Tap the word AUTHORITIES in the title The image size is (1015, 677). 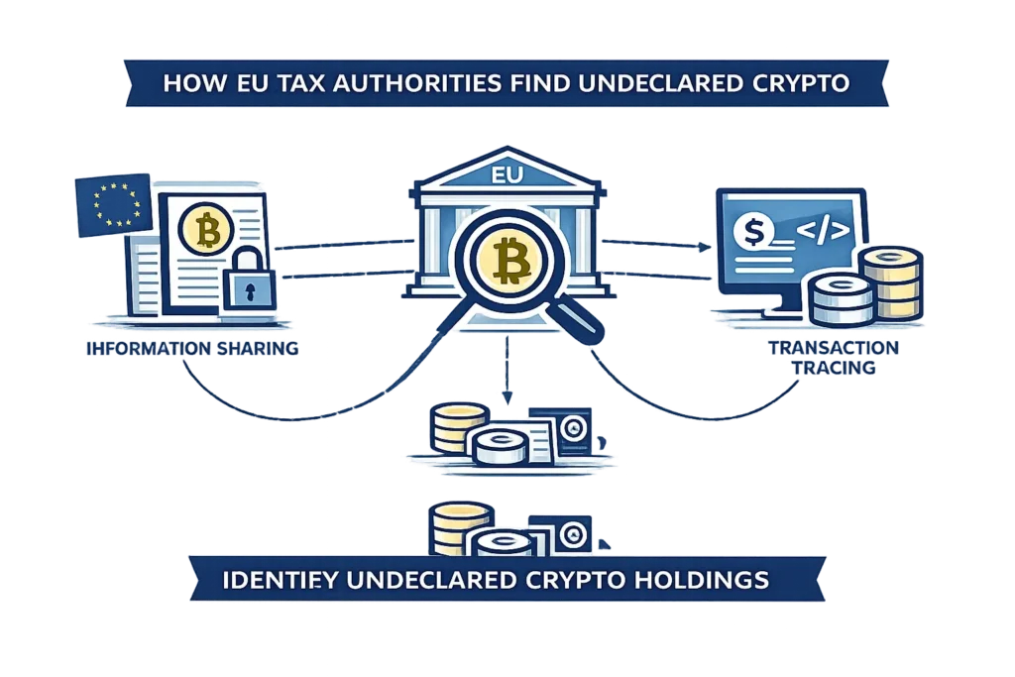(389, 83)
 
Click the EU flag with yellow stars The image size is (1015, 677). (114, 204)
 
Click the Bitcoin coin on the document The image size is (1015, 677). (206, 229)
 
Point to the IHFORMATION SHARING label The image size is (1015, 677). (192, 348)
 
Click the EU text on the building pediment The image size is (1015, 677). (507, 175)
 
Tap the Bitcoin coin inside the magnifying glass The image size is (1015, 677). (509, 259)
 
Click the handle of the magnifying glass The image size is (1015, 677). (575, 317)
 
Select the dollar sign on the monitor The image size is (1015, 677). (754, 230)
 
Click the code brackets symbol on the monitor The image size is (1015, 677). (822, 231)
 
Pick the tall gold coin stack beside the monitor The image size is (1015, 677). (891, 282)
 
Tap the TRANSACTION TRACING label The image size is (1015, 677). (834, 357)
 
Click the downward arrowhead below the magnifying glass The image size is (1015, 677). (507, 396)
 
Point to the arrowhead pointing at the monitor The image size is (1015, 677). (705, 247)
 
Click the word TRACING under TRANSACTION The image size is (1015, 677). (834, 368)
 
